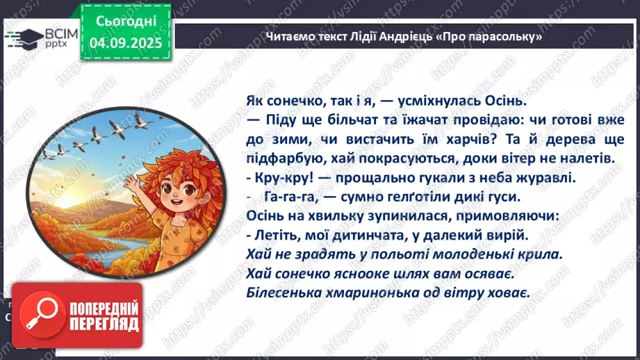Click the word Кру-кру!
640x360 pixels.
click(x=281, y=178)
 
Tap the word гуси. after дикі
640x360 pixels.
click(x=479, y=197)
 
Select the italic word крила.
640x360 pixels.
click(x=539, y=254)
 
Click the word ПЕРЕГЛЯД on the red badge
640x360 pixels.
click(x=105, y=325)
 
